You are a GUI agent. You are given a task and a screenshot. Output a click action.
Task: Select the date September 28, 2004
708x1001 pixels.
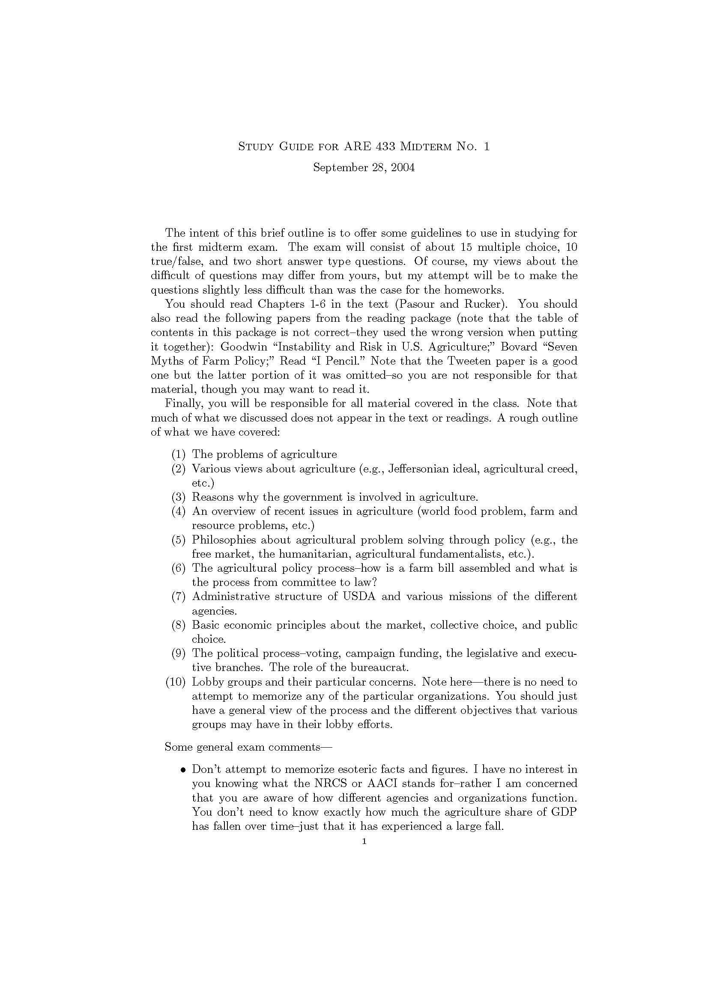(x=364, y=167)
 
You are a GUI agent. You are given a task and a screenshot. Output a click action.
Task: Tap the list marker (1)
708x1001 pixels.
(x=179, y=454)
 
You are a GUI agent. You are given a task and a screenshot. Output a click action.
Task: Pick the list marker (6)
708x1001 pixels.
(x=179, y=568)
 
